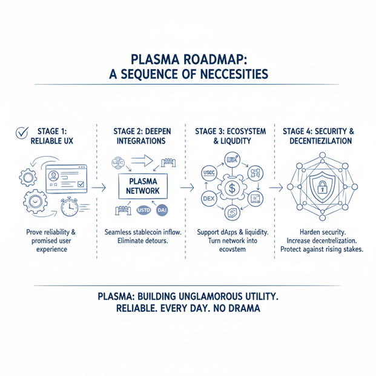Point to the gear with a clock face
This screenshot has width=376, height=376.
[35, 202]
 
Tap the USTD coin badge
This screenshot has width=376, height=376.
[144, 211]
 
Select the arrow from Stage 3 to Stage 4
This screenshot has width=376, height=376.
[275, 187]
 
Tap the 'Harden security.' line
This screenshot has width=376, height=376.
[323, 232]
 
